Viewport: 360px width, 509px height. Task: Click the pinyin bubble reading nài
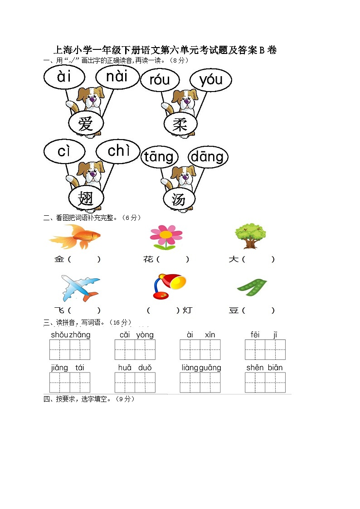(117, 77)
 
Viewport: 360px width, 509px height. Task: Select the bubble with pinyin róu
(160, 80)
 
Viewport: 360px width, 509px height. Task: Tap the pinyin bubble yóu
(211, 80)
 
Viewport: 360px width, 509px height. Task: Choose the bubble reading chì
(118, 151)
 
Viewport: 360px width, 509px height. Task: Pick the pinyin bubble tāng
(159, 157)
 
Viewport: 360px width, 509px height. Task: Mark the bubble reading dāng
(208, 157)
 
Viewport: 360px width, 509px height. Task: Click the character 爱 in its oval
(86, 124)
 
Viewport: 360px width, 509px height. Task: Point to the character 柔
(180, 124)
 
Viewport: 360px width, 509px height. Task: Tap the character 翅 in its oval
(86, 198)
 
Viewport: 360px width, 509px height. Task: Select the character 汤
(179, 199)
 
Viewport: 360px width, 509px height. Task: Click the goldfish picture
(75, 237)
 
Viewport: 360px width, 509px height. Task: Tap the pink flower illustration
(166, 238)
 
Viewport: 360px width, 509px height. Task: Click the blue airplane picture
(81, 288)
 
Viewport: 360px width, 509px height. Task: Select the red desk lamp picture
(169, 286)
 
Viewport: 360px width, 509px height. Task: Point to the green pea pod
(252, 287)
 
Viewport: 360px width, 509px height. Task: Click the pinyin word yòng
(145, 335)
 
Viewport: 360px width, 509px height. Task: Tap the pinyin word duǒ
(145, 368)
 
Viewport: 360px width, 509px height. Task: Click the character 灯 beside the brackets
(187, 310)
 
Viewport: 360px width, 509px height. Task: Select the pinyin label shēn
(255, 368)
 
